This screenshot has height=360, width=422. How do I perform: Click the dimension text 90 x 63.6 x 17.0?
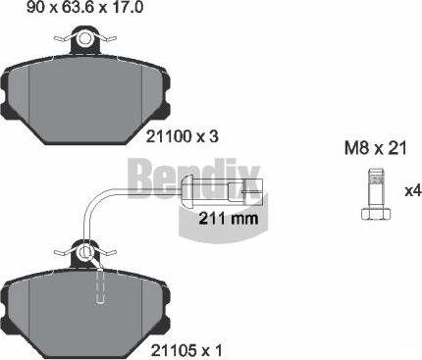click(85, 7)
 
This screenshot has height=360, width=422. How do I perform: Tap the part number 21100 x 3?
click(182, 136)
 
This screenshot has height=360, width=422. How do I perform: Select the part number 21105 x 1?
click(186, 351)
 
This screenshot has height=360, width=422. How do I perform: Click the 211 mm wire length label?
click(229, 218)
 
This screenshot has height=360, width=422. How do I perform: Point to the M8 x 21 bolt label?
click(376, 148)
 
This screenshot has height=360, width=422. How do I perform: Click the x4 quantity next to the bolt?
click(413, 191)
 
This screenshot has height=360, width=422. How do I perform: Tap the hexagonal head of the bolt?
click(376, 214)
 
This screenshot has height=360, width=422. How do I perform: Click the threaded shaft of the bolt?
click(376, 188)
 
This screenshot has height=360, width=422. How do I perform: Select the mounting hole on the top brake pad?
click(85, 38)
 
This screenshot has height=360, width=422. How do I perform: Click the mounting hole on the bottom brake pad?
click(85, 252)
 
